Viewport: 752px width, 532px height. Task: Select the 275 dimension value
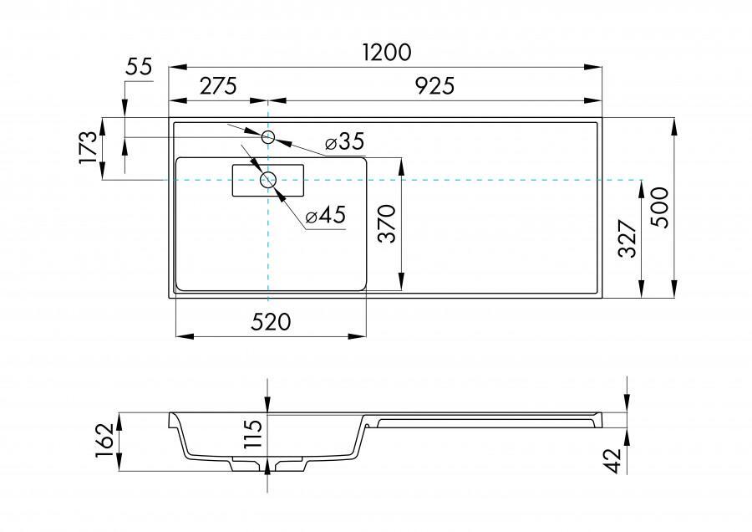218,85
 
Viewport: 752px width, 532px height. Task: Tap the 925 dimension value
434,85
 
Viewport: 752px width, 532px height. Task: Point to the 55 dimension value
139,68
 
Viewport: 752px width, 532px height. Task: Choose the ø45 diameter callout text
326,216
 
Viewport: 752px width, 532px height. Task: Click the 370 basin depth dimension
387,224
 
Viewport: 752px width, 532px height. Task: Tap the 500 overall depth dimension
660,207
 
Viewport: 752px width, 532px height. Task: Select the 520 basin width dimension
271,322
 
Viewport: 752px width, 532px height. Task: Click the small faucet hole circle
269,136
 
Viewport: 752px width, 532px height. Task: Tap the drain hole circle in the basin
268,180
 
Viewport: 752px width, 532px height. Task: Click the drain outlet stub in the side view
267,465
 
